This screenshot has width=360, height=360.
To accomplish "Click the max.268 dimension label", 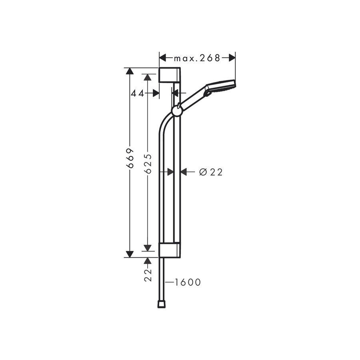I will pos(197,58).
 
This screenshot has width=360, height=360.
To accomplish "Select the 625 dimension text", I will pos(148,163).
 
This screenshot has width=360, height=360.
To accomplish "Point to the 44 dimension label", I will pos(138,93).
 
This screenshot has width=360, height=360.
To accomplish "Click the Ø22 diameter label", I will pos(210,172).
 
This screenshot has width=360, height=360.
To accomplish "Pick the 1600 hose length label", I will pos(187,282).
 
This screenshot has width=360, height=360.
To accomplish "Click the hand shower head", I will pos(220,86).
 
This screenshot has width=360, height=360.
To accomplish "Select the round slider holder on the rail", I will pos(177,111).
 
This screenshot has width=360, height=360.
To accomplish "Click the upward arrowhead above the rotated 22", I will pos(148,261).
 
